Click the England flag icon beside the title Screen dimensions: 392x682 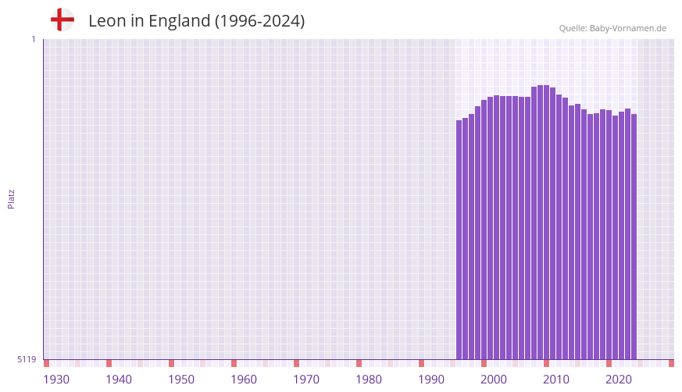pyautogui.click(x=62, y=20)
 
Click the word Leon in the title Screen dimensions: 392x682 pyautogui.click(x=105, y=21)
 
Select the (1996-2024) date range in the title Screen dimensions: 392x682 pyautogui.click(x=259, y=21)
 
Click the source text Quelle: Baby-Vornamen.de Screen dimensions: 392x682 pyautogui.click(x=612, y=28)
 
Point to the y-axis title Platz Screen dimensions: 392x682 pyautogui.click(x=11, y=198)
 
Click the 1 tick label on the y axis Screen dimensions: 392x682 pyautogui.click(x=33, y=39)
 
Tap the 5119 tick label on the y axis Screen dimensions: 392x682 pyautogui.click(x=27, y=359)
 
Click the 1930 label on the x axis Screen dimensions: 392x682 pyautogui.click(x=56, y=380)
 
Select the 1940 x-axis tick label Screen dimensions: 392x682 pyautogui.click(x=119, y=380)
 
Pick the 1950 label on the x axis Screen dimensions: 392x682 pyautogui.click(x=181, y=380)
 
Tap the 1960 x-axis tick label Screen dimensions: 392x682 pyautogui.click(x=244, y=380)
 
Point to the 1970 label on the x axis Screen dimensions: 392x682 pyautogui.click(x=306, y=380)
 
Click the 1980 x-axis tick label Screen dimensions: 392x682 pyautogui.click(x=369, y=380)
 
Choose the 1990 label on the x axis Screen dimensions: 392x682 pyautogui.click(x=431, y=380)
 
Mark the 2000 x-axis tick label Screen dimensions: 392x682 pyautogui.click(x=494, y=380)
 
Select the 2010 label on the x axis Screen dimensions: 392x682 pyautogui.click(x=556, y=380)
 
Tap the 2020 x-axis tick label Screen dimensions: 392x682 pyautogui.click(x=619, y=380)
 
